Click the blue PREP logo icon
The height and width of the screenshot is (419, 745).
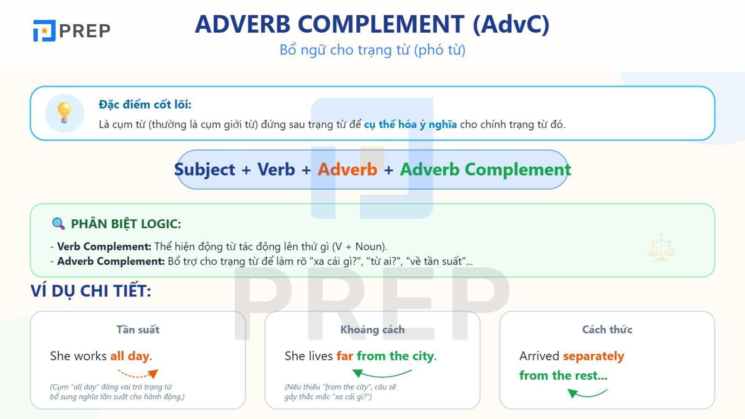point(44,31)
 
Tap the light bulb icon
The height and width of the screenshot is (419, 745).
point(64,113)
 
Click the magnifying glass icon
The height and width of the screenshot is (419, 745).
point(59,223)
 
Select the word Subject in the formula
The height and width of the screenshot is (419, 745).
point(204,170)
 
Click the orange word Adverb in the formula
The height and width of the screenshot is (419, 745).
point(347,169)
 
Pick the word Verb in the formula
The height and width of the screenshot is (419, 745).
point(276,169)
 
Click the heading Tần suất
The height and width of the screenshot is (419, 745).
point(138,330)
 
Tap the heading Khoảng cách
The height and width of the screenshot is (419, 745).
point(372,330)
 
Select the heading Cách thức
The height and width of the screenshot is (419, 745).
point(607,330)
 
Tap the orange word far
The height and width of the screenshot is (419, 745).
point(345,356)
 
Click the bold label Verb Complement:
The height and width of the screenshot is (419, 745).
point(104,246)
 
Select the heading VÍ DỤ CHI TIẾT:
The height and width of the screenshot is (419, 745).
point(91,291)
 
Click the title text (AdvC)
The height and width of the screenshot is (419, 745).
point(511,25)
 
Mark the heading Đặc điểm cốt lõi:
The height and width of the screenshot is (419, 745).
point(145,104)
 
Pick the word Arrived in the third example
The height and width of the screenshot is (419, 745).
point(539,356)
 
